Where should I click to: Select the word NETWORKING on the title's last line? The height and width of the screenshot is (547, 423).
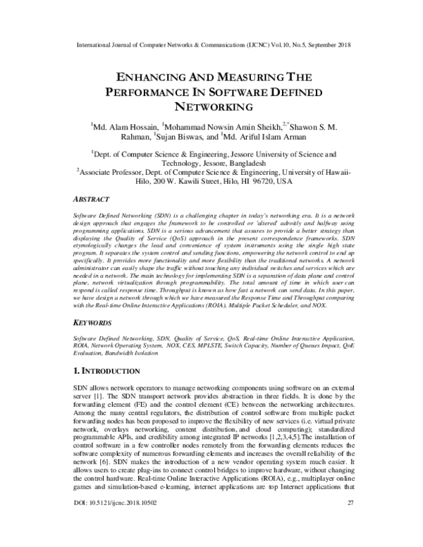click(x=211, y=107)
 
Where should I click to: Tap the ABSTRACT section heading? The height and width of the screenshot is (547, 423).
click(x=95, y=199)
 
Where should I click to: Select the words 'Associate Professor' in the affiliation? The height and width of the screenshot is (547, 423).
click(x=113, y=171)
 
